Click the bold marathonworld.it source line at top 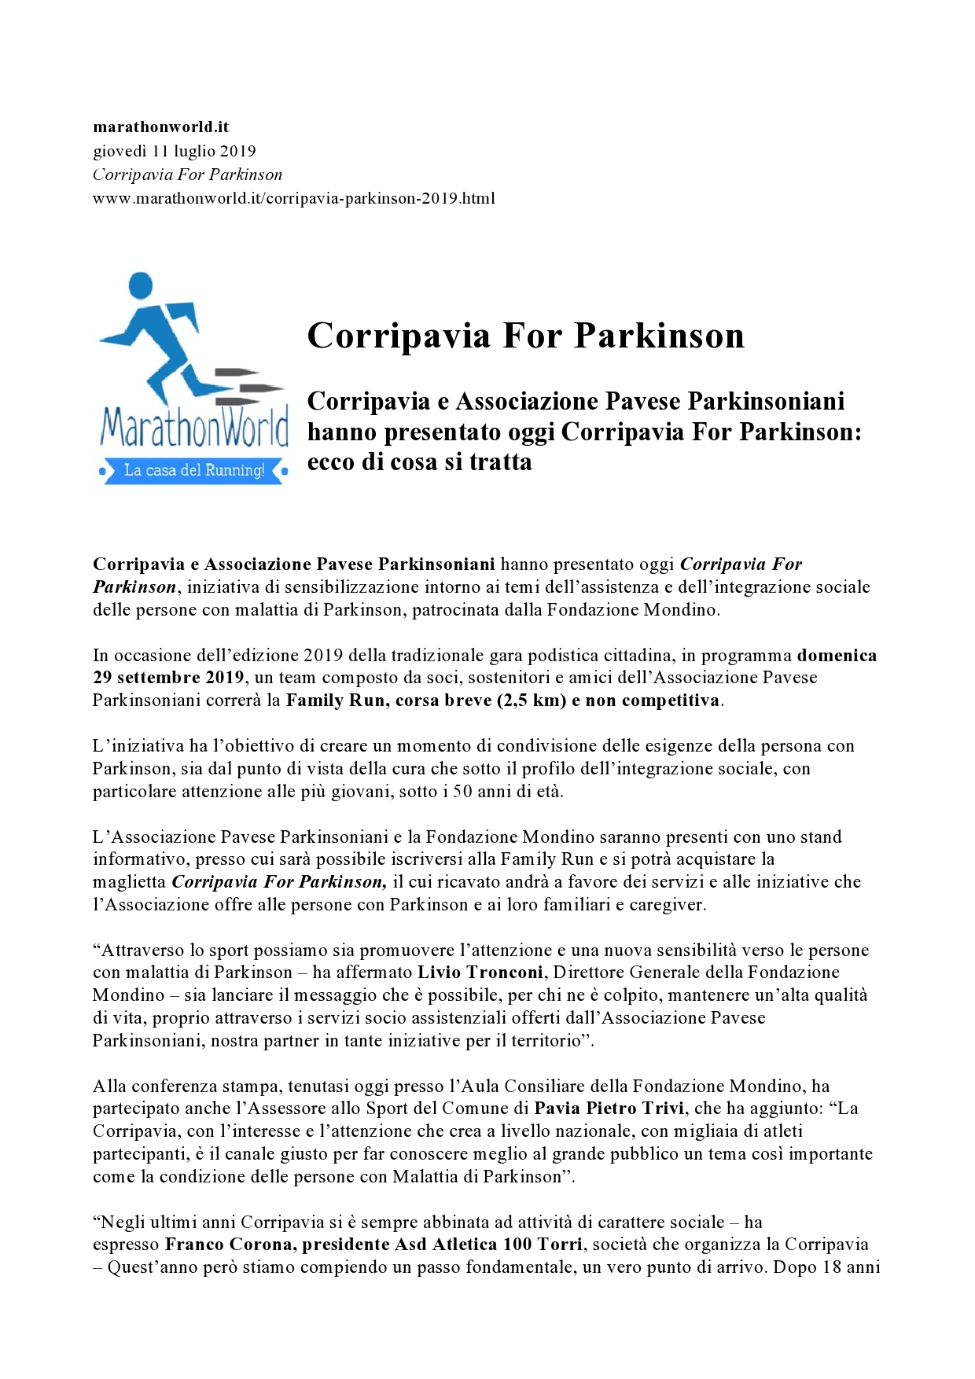point(160,127)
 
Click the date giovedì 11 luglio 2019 point(174,151)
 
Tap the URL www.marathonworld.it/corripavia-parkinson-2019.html point(293,198)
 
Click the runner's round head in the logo point(140,285)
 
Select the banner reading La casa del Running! point(193,470)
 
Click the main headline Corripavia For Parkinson point(525,336)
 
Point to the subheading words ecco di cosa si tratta point(419,462)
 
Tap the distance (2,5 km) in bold point(532,701)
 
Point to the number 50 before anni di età point(462,791)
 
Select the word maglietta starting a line point(129,882)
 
